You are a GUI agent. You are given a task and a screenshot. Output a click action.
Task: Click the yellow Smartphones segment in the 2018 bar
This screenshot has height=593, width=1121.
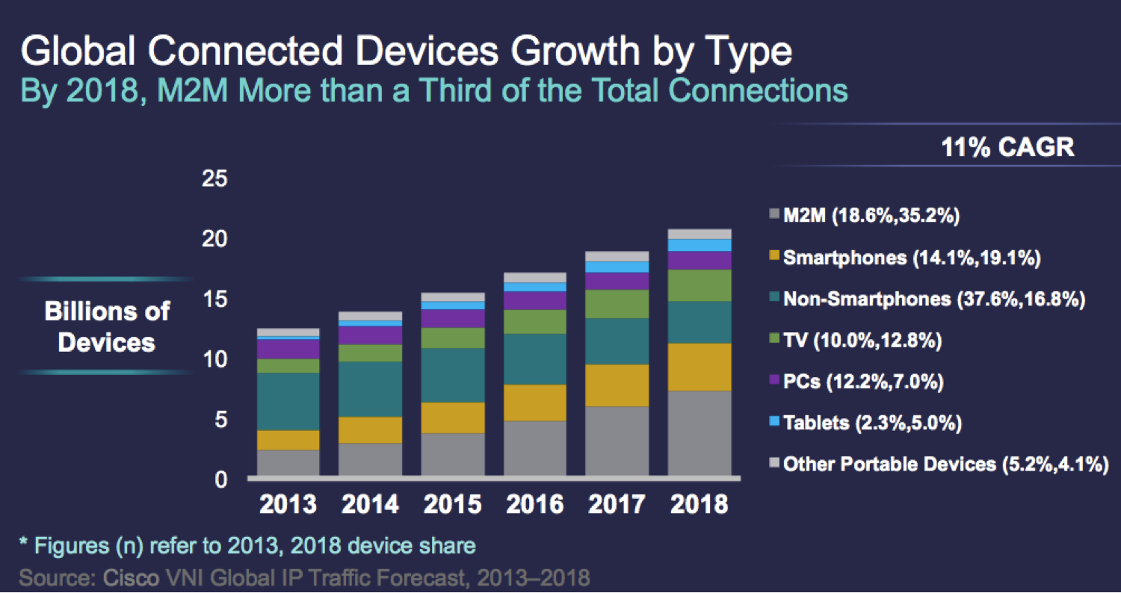pos(700,367)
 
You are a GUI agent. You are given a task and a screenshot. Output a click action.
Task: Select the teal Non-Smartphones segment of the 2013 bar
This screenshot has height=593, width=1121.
pos(288,401)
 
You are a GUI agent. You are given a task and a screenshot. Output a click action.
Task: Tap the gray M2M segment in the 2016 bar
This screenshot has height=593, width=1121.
pos(535,447)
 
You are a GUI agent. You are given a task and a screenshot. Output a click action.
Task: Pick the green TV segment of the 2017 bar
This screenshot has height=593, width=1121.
pos(617,304)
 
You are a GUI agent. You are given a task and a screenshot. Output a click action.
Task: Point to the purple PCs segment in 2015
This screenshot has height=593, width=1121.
pos(453,318)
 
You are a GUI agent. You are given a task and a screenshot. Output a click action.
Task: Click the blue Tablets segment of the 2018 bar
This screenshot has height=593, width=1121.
pos(700,245)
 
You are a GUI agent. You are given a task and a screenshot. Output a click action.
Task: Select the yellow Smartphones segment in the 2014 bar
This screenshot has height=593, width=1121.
pos(371,430)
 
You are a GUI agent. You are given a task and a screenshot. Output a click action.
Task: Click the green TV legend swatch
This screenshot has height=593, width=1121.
pos(774,341)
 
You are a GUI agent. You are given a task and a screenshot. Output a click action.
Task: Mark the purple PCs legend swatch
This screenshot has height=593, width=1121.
pos(774,382)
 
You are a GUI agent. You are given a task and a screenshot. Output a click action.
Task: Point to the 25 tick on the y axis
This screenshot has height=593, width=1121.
pos(215,180)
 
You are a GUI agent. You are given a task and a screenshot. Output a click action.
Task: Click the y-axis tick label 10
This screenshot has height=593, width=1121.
pos(215,360)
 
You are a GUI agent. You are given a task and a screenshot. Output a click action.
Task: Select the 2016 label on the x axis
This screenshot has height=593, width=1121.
pos(535,504)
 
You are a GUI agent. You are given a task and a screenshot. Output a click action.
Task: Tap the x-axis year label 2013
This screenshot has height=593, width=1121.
pos(288,504)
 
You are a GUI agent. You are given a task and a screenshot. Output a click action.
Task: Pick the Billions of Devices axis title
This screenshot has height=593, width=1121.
pos(107,326)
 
